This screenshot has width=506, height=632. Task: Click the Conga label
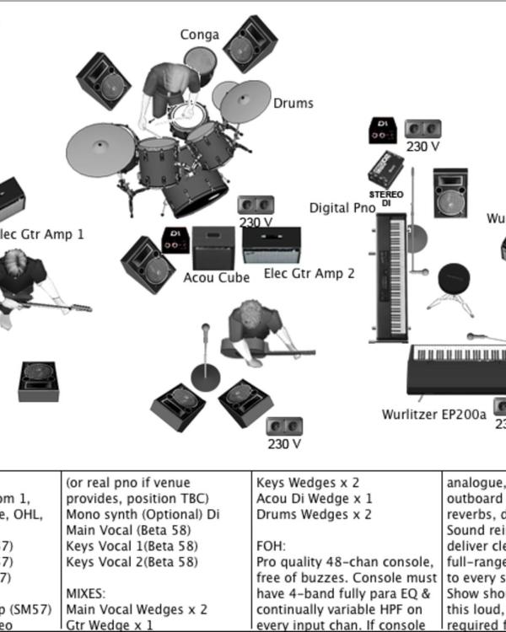199,35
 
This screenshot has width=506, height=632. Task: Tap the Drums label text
293,104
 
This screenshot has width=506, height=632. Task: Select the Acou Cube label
216,278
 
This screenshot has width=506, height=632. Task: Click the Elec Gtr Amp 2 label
309,273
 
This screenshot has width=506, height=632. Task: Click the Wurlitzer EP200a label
433,415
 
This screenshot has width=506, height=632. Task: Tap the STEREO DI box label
385,198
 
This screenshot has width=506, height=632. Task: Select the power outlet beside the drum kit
256,205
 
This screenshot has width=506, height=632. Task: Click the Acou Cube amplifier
213,248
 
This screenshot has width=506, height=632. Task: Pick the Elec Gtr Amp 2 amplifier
272,244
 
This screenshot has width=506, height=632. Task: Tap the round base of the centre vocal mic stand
205,377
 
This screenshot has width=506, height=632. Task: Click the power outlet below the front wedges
283,426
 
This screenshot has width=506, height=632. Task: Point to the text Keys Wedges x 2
308,483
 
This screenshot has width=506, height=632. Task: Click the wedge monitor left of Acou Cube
147,264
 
